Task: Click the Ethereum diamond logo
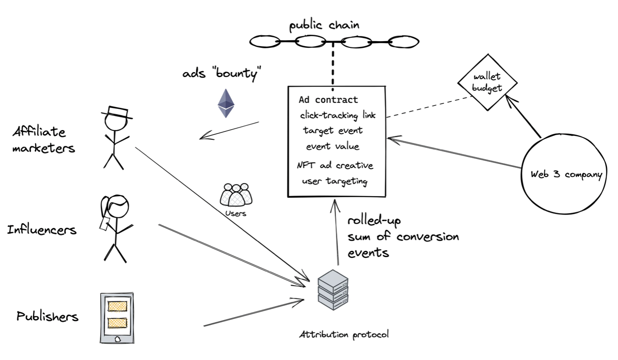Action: [226, 103]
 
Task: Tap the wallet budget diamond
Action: [487, 82]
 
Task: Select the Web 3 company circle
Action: [564, 174]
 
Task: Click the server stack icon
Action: [333, 290]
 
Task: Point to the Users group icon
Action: [236, 195]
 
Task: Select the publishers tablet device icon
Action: [117, 318]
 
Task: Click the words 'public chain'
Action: [324, 25]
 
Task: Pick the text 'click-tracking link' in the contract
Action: [338, 115]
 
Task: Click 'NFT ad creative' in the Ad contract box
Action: [335, 165]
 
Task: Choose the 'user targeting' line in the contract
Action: [334, 181]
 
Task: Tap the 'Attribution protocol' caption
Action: [344, 335]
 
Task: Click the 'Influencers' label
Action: [42, 230]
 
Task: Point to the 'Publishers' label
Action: [47, 316]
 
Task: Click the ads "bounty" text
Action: [221, 73]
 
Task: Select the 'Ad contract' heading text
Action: [328, 100]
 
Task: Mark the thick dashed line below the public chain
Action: [333, 66]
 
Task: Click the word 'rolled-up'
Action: [374, 221]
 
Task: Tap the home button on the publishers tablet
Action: [117, 339]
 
